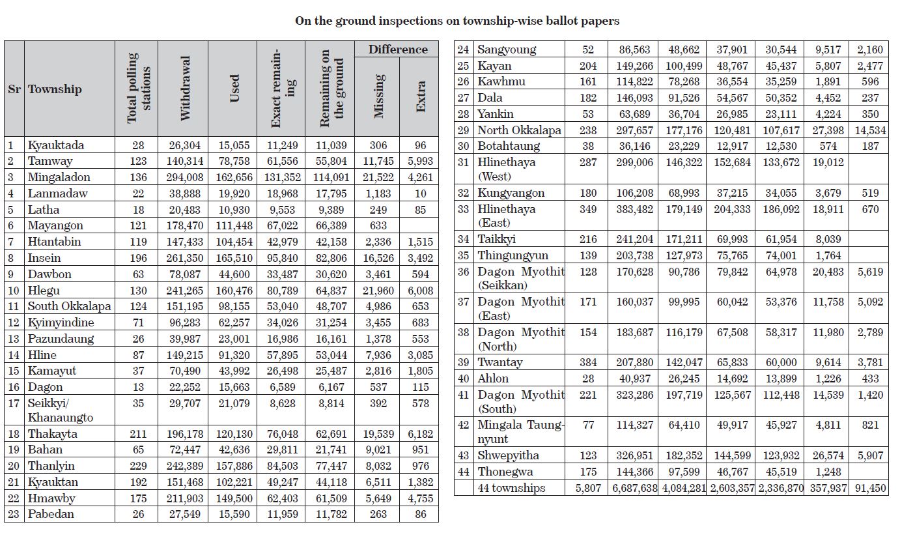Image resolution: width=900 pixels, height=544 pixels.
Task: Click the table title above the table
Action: [457, 21]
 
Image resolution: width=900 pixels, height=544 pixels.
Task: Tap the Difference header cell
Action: [397, 50]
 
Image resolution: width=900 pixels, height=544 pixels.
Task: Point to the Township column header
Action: [55, 89]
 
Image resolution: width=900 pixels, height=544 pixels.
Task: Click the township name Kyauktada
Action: [55, 145]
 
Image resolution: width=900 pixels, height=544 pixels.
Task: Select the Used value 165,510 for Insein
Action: [232, 258]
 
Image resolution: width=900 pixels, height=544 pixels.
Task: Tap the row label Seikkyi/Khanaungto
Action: [60, 410]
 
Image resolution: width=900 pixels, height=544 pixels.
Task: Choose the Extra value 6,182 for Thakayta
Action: [421, 434]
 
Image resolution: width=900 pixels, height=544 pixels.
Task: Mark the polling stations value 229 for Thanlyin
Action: [136, 466]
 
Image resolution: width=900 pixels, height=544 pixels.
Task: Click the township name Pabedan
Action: [51, 514]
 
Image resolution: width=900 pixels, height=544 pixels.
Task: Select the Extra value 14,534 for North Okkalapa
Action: [869, 130]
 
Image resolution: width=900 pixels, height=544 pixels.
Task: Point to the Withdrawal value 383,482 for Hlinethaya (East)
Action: [633, 210]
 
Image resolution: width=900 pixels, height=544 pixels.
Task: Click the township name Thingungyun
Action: [513, 255]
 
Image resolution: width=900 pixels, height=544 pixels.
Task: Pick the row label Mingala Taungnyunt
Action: [521, 431]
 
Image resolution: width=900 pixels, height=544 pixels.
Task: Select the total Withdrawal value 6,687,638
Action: [634, 488]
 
